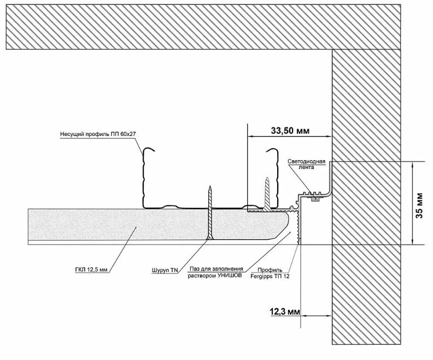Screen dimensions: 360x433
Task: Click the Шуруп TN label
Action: (x=163, y=270)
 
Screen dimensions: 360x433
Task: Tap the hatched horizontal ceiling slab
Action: (x=208, y=27)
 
